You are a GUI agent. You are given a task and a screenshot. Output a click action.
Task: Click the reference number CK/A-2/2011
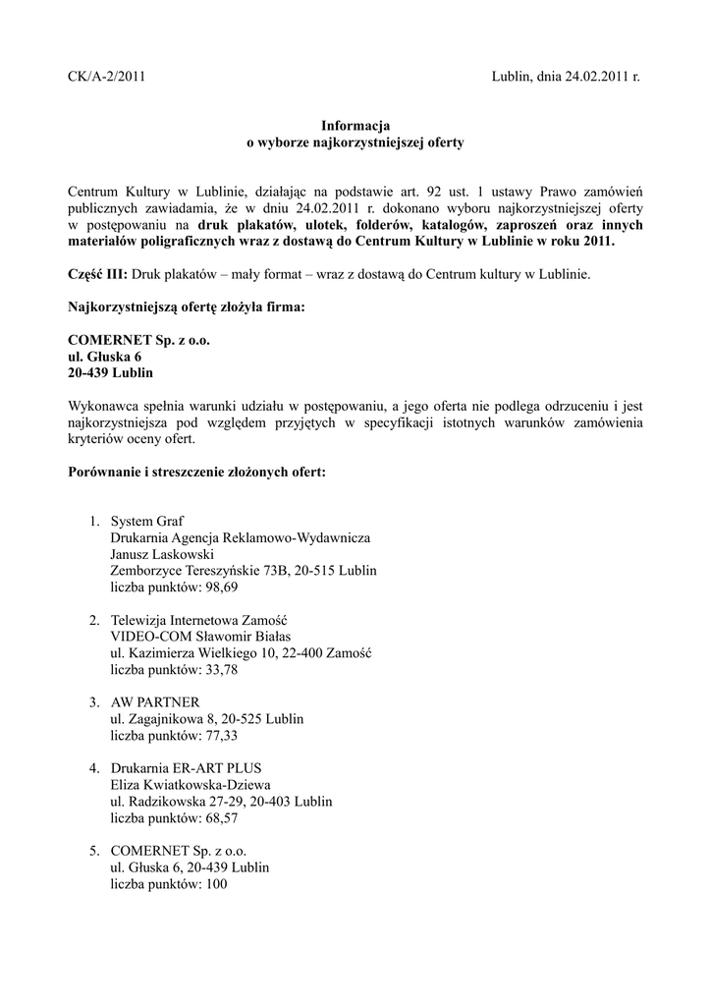click(106, 76)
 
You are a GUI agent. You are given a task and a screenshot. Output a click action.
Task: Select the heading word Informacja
click(355, 126)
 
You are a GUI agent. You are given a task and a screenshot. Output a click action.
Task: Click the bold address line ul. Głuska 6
click(105, 357)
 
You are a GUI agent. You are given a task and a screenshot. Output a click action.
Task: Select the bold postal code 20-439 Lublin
click(110, 373)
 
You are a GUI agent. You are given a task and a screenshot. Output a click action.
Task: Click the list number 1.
click(94, 520)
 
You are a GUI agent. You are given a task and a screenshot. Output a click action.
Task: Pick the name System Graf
click(147, 520)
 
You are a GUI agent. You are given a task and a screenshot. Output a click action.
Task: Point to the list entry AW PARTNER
click(155, 701)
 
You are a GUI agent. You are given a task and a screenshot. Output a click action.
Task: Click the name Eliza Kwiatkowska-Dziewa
click(191, 784)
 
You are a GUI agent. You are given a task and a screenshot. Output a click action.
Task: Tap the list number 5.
click(94, 850)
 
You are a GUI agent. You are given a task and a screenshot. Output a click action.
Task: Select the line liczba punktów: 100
click(169, 883)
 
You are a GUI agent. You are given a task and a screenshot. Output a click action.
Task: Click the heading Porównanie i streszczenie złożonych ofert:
click(196, 472)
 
